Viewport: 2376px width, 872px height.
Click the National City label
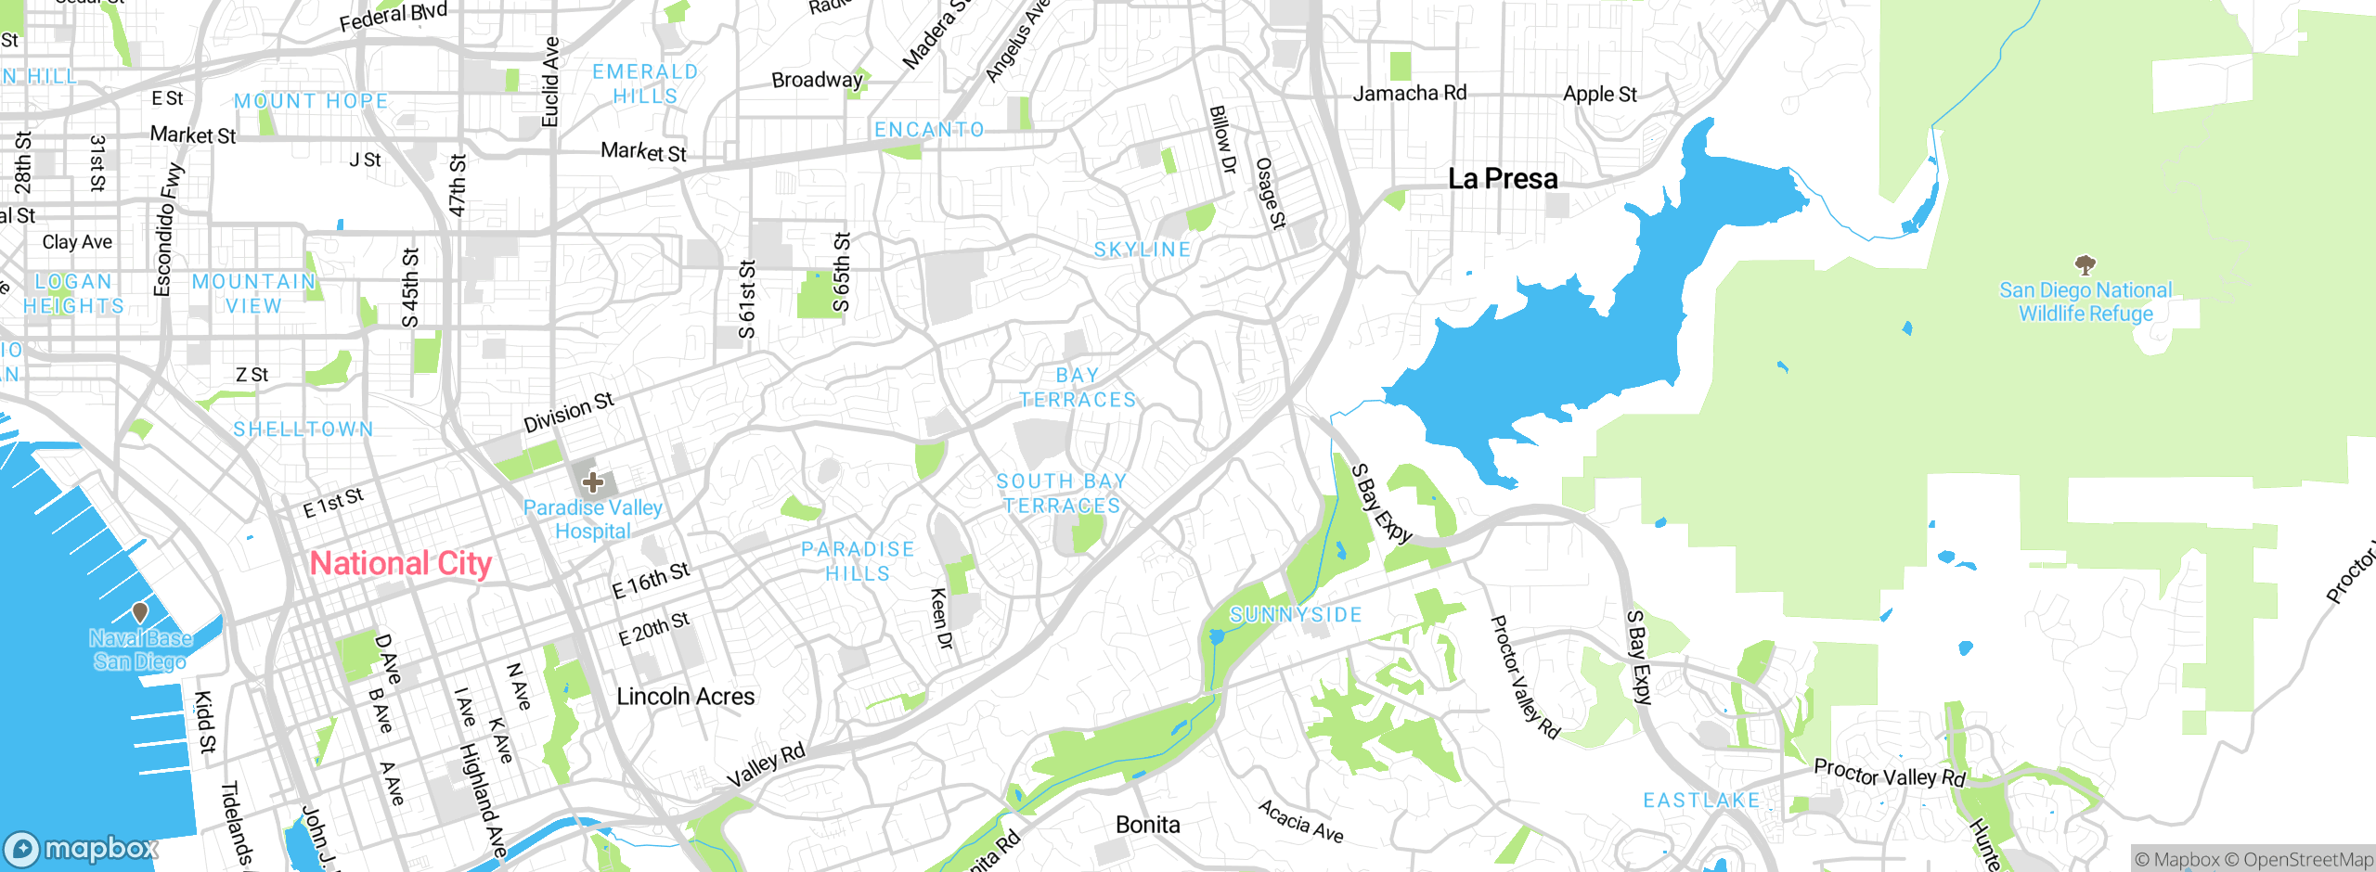[401, 563]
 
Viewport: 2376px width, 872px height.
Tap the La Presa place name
[1503, 178]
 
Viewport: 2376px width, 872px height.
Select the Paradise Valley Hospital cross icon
[593, 482]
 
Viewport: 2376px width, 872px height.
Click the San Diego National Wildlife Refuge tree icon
[2085, 265]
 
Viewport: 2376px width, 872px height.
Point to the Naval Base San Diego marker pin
[140, 612]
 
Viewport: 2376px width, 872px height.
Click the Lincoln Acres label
[685, 697]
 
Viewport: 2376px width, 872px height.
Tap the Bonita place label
[1148, 825]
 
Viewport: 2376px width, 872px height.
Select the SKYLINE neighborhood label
[1142, 250]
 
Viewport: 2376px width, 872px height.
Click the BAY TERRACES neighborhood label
[1078, 388]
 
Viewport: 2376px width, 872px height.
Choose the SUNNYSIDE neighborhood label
[1296, 615]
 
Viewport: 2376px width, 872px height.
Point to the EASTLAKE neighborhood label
[1701, 801]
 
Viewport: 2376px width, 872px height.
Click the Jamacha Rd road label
[1409, 93]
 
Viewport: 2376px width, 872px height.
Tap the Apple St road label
[1599, 94]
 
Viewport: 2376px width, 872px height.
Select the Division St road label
[568, 413]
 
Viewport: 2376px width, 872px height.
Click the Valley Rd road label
[766, 766]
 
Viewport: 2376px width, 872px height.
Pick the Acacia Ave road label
[1300, 822]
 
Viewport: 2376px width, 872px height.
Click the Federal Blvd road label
[393, 16]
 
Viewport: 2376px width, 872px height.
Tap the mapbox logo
[82, 848]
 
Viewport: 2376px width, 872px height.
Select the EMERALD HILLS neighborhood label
[645, 83]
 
